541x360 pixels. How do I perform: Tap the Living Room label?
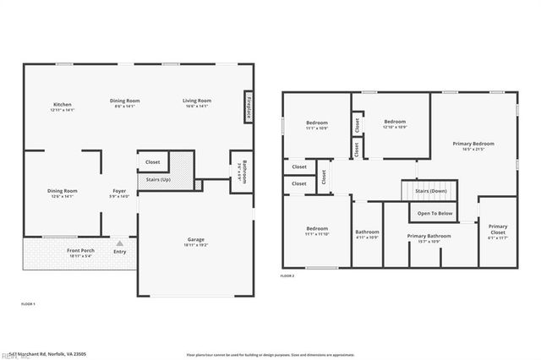tap(197, 101)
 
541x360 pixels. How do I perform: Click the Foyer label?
tap(119, 191)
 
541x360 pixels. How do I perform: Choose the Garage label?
tap(195, 240)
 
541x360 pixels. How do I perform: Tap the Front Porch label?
tap(80, 251)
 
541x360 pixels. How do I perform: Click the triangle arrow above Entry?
tap(119, 243)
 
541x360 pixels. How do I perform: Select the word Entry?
tap(119, 251)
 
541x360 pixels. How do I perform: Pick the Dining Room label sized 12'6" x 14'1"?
tap(63, 191)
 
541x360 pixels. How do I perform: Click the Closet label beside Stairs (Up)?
tap(153, 161)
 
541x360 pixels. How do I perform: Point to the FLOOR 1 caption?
tap(28, 303)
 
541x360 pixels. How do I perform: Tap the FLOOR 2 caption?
tap(288, 275)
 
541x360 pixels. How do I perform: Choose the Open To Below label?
tap(434, 214)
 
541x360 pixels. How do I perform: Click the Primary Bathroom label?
tap(429, 236)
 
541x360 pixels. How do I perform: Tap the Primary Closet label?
tap(498, 228)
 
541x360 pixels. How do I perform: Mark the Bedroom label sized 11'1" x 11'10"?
tap(317, 228)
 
